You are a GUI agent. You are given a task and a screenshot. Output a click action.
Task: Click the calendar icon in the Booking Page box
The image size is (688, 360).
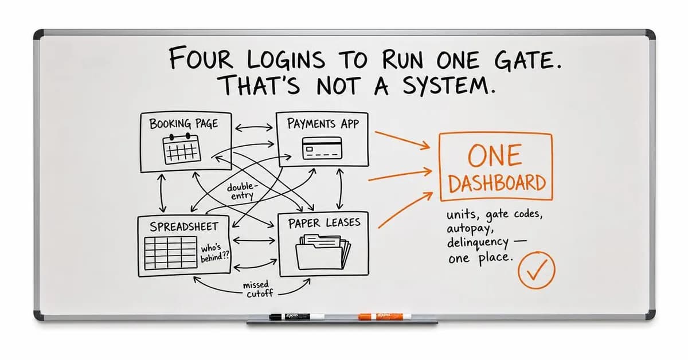click(x=182, y=149)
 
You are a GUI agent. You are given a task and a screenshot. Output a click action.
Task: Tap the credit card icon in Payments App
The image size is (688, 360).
click(x=322, y=148)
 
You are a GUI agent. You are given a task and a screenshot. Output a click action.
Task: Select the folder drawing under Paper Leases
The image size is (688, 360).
click(x=323, y=252)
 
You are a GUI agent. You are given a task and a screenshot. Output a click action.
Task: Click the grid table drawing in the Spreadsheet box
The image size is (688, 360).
click(x=170, y=252)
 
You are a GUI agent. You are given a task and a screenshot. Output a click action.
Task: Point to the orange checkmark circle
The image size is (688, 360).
click(x=536, y=271)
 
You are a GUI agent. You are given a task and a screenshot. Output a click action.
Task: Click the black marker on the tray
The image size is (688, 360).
click(x=297, y=316)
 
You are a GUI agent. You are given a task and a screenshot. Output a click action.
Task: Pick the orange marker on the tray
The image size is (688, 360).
click(x=385, y=316)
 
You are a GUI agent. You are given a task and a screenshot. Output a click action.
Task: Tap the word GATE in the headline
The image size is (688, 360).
click(x=527, y=60)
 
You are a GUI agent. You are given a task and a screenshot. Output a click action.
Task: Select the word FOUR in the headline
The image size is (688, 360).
click(x=201, y=58)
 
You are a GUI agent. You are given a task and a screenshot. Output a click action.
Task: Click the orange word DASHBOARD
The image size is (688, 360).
click(x=497, y=183)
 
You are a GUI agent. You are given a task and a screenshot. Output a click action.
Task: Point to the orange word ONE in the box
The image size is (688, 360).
click(x=495, y=155)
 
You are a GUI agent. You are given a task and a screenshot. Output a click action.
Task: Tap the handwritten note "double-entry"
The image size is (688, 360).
click(x=242, y=191)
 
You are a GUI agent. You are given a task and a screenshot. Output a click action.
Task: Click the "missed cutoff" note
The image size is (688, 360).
click(x=257, y=289)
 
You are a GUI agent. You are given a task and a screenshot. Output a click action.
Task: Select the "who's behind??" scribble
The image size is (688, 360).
click(x=214, y=253)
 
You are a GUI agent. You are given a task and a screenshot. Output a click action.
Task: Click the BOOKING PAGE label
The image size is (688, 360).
click(x=183, y=123)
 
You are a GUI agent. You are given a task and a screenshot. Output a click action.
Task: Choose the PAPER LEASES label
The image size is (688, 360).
click(x=324, y=222)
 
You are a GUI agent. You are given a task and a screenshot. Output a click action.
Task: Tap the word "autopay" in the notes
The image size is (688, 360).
click(x=470, y=229)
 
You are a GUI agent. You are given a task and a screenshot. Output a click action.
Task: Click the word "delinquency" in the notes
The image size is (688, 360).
click(x=478, y=243)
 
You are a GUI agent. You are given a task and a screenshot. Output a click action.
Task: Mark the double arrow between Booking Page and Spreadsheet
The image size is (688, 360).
click(x=162, y=193)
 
